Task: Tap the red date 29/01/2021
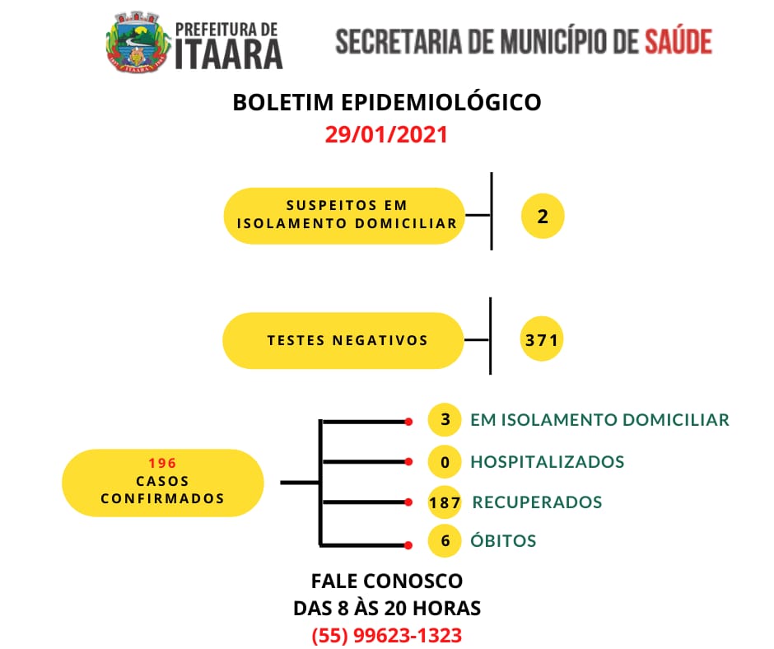pyautogui.click(x=386, y=134)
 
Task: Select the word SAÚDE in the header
pyautogui.click(x=678, y=41)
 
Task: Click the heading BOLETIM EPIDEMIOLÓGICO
pyautogui.click(x=387, y=102)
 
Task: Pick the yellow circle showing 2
pyautogui.click(x=543, y=217)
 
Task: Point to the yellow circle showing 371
pyautogui.click(x=542, y=339)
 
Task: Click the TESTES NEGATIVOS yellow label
pyautogui.click(x=343, y=340)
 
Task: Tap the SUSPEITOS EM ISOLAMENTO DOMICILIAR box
pyautogui.click(x=344, y=215)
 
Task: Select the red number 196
pyautogui.click(x=162, y=464)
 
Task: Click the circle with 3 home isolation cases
pyautogui.click(x=445, y=419)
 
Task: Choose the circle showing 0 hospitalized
pyautogui.click(x=445, y=462)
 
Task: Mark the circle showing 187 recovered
pyautogui.click(x=445, y=502)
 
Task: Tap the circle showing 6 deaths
pyautogui.click(x=445, y=541)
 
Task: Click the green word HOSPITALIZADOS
pyautogui.click(x=548, y=462)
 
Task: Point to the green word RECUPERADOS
pyautogui.click(x=537, y=502)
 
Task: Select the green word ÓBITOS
pyautogui.click(x=503, y=540)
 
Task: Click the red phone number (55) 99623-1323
pyautogui.click(x=387, y=635)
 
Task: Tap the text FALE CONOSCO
pyautogui.click(x=387, y=581)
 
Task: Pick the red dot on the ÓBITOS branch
pyautogui.click(x=408, y=545)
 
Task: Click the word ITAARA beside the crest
pyautogui.click(x=229, y=54)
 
